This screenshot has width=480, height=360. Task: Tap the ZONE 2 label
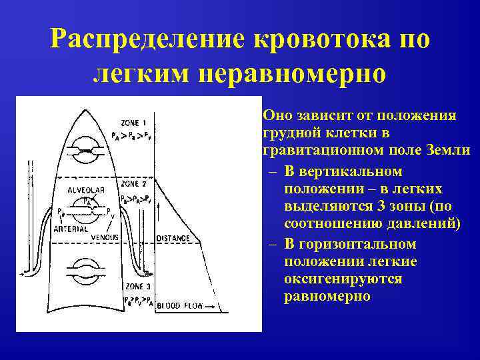click(134, 183)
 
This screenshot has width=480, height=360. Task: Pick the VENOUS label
click(105, 237)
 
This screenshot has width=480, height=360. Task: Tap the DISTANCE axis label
click(173, 238)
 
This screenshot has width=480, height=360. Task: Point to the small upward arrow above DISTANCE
click(158, 212)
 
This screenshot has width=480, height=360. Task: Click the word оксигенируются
click(343, 279)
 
